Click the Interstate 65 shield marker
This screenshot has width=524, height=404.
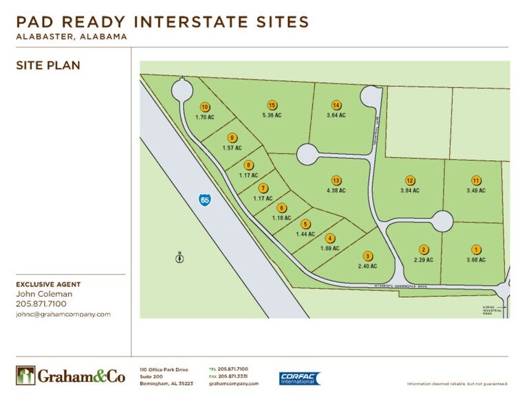point(205,199)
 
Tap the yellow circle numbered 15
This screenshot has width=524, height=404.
point(272,105)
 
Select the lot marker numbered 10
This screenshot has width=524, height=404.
point(205,106)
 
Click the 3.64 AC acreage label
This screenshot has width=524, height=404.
point(336,115)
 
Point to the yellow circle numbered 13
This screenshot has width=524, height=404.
point(336,180)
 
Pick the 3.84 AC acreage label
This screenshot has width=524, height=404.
point(409,190)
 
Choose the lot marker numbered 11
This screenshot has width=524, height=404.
point(475,180)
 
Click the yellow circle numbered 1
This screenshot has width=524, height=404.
point(475,249)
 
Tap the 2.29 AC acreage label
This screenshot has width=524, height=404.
point(424,260)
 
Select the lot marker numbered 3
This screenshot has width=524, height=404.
point(368,256)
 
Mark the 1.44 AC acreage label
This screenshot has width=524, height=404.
point(305,234)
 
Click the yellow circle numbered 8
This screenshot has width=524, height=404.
point(249,165)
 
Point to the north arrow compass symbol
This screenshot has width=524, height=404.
point(179,258)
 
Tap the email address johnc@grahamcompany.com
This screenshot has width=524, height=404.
point(63,314)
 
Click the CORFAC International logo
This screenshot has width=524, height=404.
point(299,379)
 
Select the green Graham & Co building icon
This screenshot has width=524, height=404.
point(25,375)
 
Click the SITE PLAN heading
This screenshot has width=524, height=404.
point(48,66)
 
